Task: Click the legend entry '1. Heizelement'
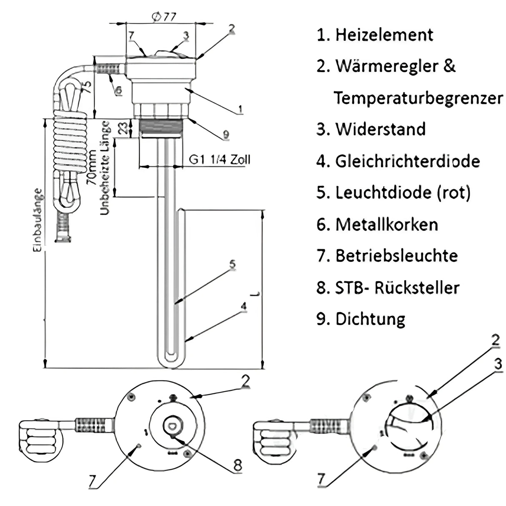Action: (375, 35)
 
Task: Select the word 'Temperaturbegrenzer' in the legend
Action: (418, 98)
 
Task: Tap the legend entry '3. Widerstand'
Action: (371, 129)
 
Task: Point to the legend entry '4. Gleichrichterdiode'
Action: (398, 161)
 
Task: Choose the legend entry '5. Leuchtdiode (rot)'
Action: (393, 193)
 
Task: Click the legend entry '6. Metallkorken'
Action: (377, 225)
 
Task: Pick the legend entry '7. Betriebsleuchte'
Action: (387, 256)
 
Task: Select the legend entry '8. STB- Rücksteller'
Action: (388, 288)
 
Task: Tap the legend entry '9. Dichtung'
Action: (361, 319)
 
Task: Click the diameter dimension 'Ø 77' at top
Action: (164, 17)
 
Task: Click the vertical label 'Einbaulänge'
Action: (38, 220)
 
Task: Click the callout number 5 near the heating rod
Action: (232, 265)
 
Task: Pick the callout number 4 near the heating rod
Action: (243, 306)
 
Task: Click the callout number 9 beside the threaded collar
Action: (225, 134)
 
